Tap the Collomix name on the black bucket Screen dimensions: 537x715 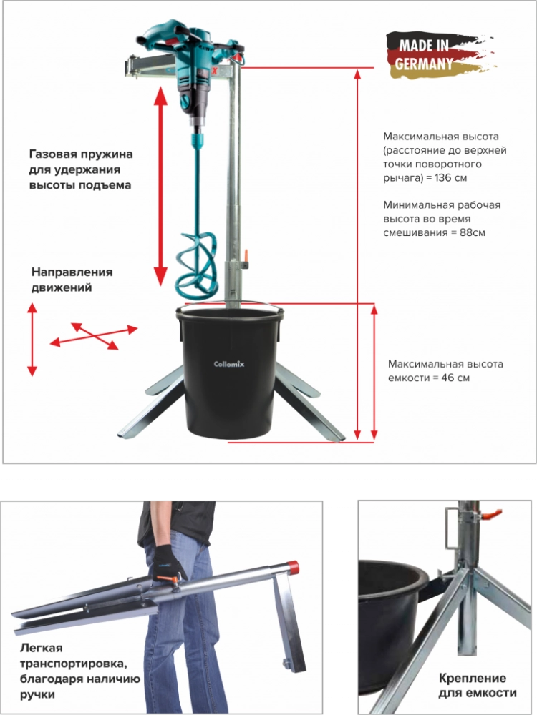[x=229, y=364]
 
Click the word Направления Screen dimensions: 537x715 [x=72, y=272]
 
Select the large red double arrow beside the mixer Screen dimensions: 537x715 [x=160, y=187]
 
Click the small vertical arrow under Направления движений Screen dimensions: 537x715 [x=32, y=339]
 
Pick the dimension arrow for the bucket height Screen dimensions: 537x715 [x=374, y=373]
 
